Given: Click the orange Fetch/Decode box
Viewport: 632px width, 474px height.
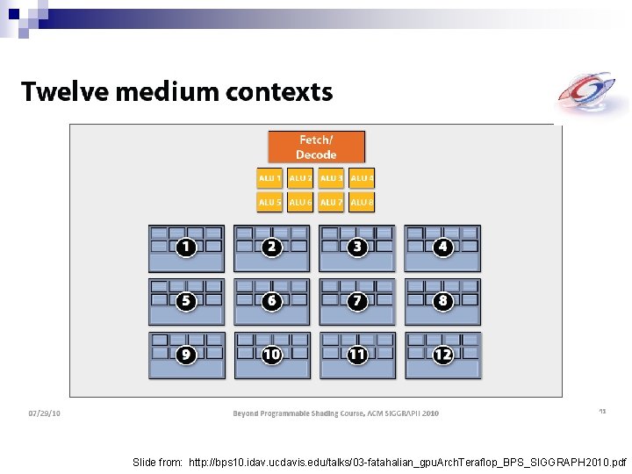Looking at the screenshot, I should (x=316, y=147).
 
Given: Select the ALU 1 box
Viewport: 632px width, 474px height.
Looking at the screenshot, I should (x=269, y=178).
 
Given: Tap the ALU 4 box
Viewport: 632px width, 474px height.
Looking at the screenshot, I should (x=362, y=178).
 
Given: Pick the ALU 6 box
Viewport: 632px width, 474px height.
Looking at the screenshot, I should (x=300, y=202).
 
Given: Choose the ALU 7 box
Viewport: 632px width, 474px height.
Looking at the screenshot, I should (x=331, y=202).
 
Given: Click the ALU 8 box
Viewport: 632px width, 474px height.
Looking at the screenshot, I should (x=362, y=202).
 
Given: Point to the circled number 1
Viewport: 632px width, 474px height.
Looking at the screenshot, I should (x=185, y=248).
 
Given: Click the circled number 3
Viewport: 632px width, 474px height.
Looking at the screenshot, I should (x=356, y=248).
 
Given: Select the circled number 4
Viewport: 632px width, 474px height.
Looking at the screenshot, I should (x=442, y=248).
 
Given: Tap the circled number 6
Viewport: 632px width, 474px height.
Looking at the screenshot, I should (x=271, y=301).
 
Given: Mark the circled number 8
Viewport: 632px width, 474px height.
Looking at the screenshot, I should (x=442, y=301).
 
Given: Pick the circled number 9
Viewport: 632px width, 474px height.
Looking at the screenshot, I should (x=185, y=355).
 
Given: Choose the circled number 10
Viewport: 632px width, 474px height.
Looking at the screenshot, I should (x=271, y=355).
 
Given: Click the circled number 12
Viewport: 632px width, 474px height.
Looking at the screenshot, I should (x=442, y=355).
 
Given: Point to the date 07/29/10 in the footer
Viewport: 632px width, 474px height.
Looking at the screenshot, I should (x=44, y=413).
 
